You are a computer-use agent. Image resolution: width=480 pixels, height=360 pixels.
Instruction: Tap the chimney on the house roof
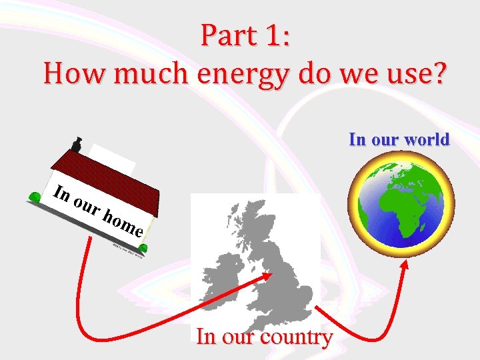[77, 145]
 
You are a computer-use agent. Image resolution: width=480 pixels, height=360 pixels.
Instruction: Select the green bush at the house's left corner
[33, 197]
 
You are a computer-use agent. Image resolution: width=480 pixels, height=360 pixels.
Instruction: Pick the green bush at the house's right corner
[143, 248]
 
